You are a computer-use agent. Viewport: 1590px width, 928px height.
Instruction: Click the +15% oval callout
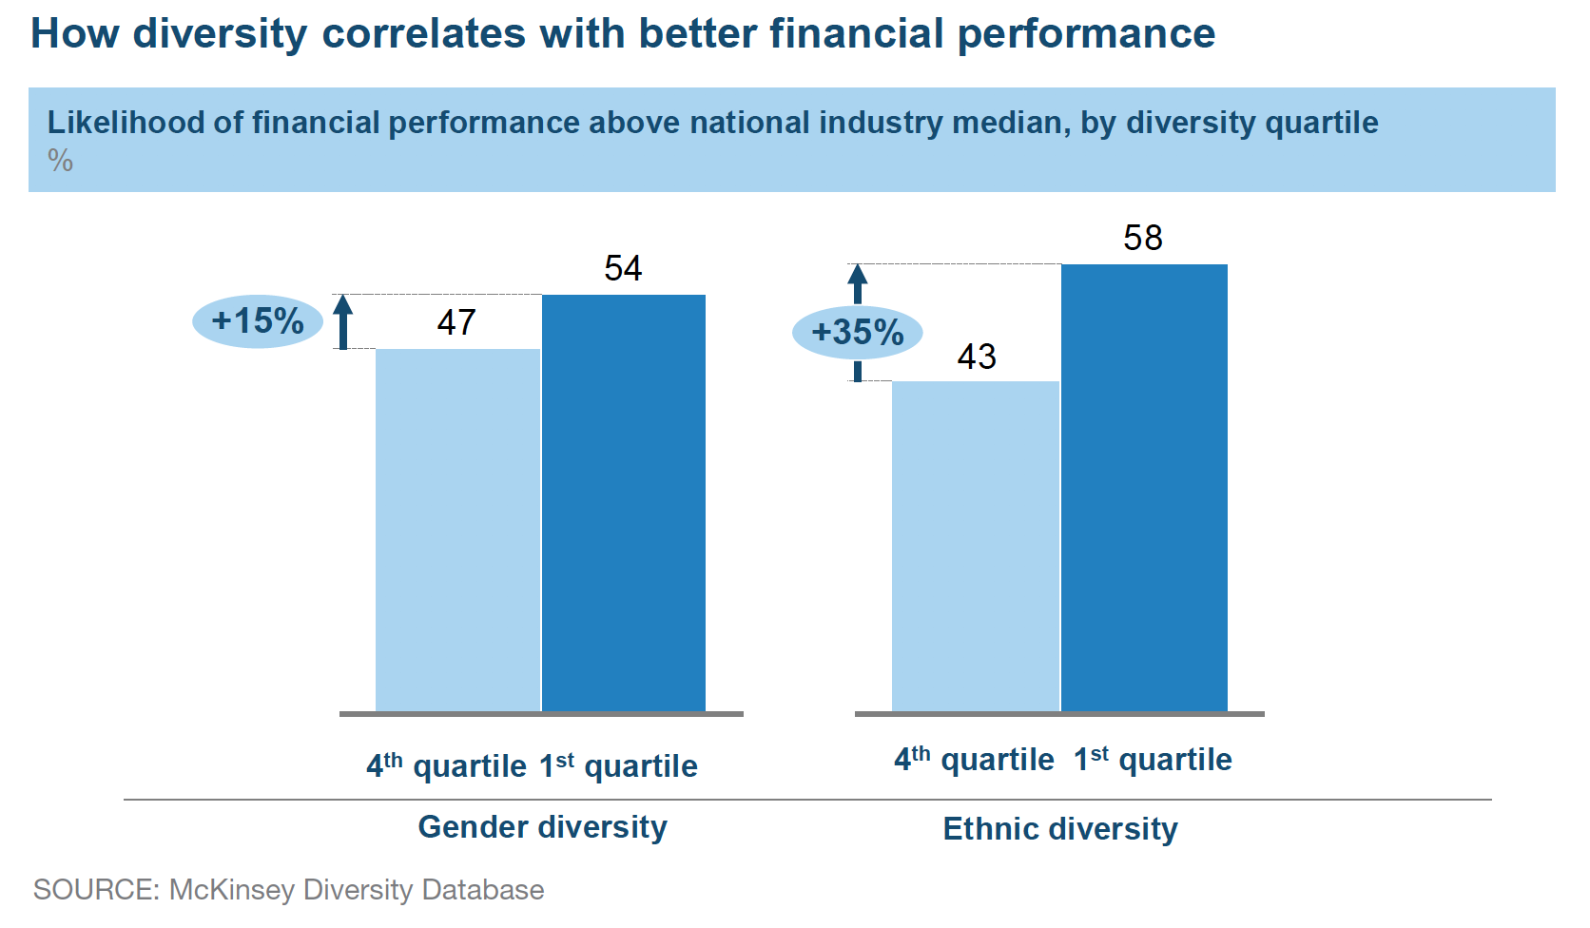258,321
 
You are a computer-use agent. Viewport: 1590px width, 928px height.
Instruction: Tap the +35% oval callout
857,333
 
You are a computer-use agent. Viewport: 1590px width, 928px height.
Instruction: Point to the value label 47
456,322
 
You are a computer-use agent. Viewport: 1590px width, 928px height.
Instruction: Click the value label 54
623,268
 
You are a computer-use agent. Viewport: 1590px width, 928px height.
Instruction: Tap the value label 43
977,357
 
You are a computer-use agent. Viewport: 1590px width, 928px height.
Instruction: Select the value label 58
1142,238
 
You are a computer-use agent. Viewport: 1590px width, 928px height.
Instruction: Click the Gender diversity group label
542,827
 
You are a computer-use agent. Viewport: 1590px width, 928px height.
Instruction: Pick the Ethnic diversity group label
1059,829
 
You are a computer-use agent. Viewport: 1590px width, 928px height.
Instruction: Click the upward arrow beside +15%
343,320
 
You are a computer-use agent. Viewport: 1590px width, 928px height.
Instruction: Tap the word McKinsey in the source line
231,890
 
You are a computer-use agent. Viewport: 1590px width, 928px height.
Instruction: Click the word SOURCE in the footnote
95,890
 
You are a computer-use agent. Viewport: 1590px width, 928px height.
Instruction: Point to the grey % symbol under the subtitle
60,161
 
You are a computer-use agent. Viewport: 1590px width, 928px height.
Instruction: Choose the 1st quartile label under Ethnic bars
1153,760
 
